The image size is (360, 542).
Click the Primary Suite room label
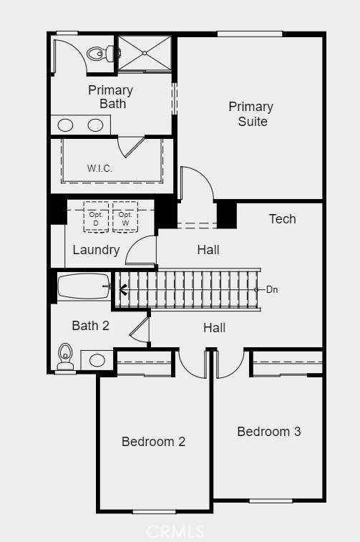[250, 114]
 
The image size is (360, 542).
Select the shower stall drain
[145, 53]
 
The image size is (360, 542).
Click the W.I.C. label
[99, 169]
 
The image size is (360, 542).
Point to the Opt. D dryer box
[96, 217]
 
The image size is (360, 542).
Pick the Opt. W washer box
[125, 217]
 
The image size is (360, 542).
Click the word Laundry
[96, 250]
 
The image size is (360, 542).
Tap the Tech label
[283, 219]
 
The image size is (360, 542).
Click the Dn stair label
[272, 289]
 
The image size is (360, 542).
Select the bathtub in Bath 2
[84, 286]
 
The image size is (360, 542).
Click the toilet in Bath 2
[65, 357]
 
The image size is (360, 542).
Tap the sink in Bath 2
[97, 360]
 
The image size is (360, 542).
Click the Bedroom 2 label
[153, 442]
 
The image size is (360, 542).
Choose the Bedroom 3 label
[269, 432]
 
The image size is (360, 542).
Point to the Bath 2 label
[90, 325]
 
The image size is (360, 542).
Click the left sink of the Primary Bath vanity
[65, 125]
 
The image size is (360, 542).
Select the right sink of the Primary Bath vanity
[95, 125]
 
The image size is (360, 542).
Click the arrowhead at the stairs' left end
[122, 290]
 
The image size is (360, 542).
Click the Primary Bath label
[110, 97]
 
